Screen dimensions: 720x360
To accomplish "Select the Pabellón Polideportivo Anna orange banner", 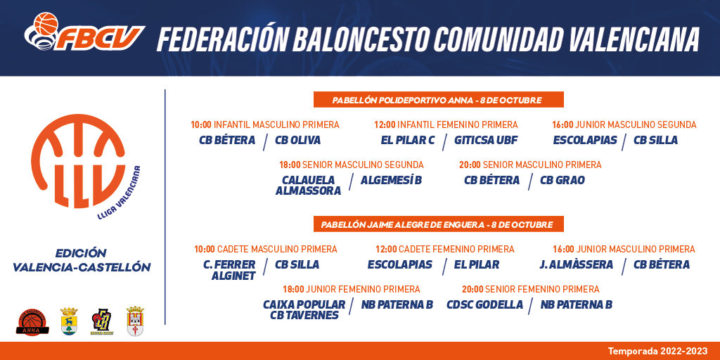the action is click(438, 100).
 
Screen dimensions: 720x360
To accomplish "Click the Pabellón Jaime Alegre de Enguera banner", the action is click(438, 224).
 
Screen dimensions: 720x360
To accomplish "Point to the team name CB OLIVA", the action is click(297, 140).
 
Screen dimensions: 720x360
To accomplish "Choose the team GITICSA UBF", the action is click(486, 140).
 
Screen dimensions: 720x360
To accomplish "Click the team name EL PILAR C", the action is click(408, 140).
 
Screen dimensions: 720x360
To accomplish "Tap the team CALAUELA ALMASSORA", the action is click(308, 186).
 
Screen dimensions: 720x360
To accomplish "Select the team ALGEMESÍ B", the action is click(391, 181).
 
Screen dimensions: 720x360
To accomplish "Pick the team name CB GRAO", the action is click(562, 181).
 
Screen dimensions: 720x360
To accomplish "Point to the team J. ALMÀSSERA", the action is click(577, 264).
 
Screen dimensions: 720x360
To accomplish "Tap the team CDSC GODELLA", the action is click(484, 304).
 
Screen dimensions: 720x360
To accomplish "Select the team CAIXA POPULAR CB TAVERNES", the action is click(304, 309).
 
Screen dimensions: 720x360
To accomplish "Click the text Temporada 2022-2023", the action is click(658, 352).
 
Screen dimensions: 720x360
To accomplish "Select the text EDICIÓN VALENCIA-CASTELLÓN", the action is click(82, 260).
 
